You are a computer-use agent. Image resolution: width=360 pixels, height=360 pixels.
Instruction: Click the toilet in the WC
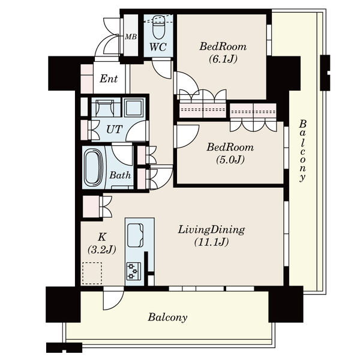coord(158,27)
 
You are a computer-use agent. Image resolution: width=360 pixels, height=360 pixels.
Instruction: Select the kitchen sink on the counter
coord(136,235)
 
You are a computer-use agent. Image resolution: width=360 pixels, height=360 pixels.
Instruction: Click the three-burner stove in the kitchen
coord(134,271)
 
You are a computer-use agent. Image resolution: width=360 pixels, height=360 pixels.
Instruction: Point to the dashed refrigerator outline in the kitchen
coord(92,273)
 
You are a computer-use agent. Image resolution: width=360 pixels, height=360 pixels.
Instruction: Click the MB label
coord(131,37)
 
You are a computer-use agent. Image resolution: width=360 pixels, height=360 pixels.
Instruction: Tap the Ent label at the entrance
coord(109,79)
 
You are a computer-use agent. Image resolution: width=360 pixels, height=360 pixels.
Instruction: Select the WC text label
coord(158,47)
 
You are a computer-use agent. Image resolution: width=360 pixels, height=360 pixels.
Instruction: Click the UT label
coord(115,130)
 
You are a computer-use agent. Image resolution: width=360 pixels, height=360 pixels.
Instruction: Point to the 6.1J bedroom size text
coord(223,59)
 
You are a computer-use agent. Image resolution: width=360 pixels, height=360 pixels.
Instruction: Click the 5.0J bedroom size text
coord(230,160)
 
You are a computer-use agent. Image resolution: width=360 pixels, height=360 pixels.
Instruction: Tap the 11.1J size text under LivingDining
coord(211,242)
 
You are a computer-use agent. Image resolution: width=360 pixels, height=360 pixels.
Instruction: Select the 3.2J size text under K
coord(102,250)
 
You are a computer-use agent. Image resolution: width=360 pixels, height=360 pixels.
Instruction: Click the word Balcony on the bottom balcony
coord(167,317)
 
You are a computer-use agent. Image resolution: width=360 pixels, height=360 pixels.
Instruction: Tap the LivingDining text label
coord(211,230)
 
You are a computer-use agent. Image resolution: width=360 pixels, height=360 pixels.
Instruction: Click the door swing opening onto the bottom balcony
coord(113,298)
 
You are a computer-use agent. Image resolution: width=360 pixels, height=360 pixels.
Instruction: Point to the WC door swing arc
coord(162,69)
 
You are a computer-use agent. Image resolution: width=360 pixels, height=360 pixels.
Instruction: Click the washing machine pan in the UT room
coord(106,107)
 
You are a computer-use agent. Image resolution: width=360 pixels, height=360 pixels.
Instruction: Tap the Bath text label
coord(120,175)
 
